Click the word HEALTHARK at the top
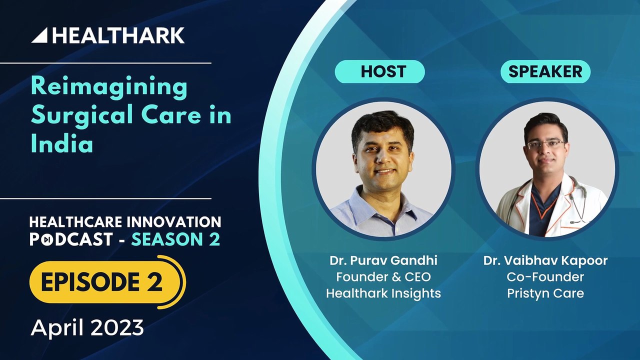click(118, 35)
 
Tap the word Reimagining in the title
click(109, 87)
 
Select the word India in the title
click(62, 144)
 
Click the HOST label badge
click(379, 72)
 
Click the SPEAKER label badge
click(545, 72)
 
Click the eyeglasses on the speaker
click(545, 144)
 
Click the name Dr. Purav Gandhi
click(383, 261)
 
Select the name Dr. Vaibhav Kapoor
click(545, 261)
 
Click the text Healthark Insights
click(383, 293)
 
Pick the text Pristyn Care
click(545, 293)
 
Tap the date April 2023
click(87, 328)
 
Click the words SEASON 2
click(175, 239)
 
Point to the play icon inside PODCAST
click(45, 240)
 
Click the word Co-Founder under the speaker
click(545, 277)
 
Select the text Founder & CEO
click(383, 277)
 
